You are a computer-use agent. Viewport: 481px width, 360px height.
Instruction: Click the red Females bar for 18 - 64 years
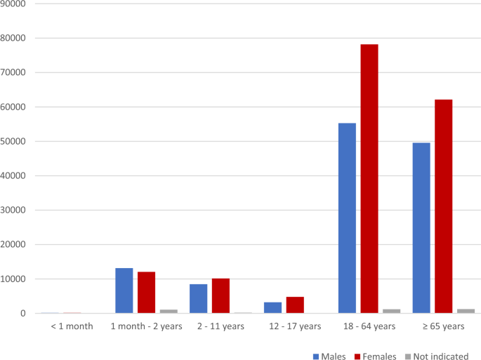(x=369, y=179)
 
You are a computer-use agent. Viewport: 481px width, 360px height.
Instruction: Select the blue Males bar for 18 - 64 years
(x=347, y=218)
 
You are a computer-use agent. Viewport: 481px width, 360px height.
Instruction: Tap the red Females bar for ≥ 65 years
(x=443, y=206)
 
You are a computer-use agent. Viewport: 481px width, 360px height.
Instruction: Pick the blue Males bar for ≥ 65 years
(x=421, y=228)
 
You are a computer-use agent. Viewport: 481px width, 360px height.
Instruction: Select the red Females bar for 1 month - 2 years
(x=146, y=293)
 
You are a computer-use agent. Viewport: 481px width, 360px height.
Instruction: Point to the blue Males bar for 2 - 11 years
(x=199, y=299)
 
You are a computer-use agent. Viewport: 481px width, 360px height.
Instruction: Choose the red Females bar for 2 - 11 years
(x=220, y=296)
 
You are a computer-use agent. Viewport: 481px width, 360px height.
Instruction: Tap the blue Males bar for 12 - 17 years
(x=272, y=308)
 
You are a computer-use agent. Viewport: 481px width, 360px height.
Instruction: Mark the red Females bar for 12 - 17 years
(x=295, y=305)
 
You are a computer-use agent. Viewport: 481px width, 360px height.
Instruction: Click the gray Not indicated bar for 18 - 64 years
(x=391, y=311)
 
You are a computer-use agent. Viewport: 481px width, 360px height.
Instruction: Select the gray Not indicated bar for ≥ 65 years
(x=466, y=311)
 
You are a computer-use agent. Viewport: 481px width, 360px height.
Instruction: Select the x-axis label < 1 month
(x=72, y=326)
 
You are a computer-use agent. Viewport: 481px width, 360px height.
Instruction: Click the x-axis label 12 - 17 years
(x=294, y=326)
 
